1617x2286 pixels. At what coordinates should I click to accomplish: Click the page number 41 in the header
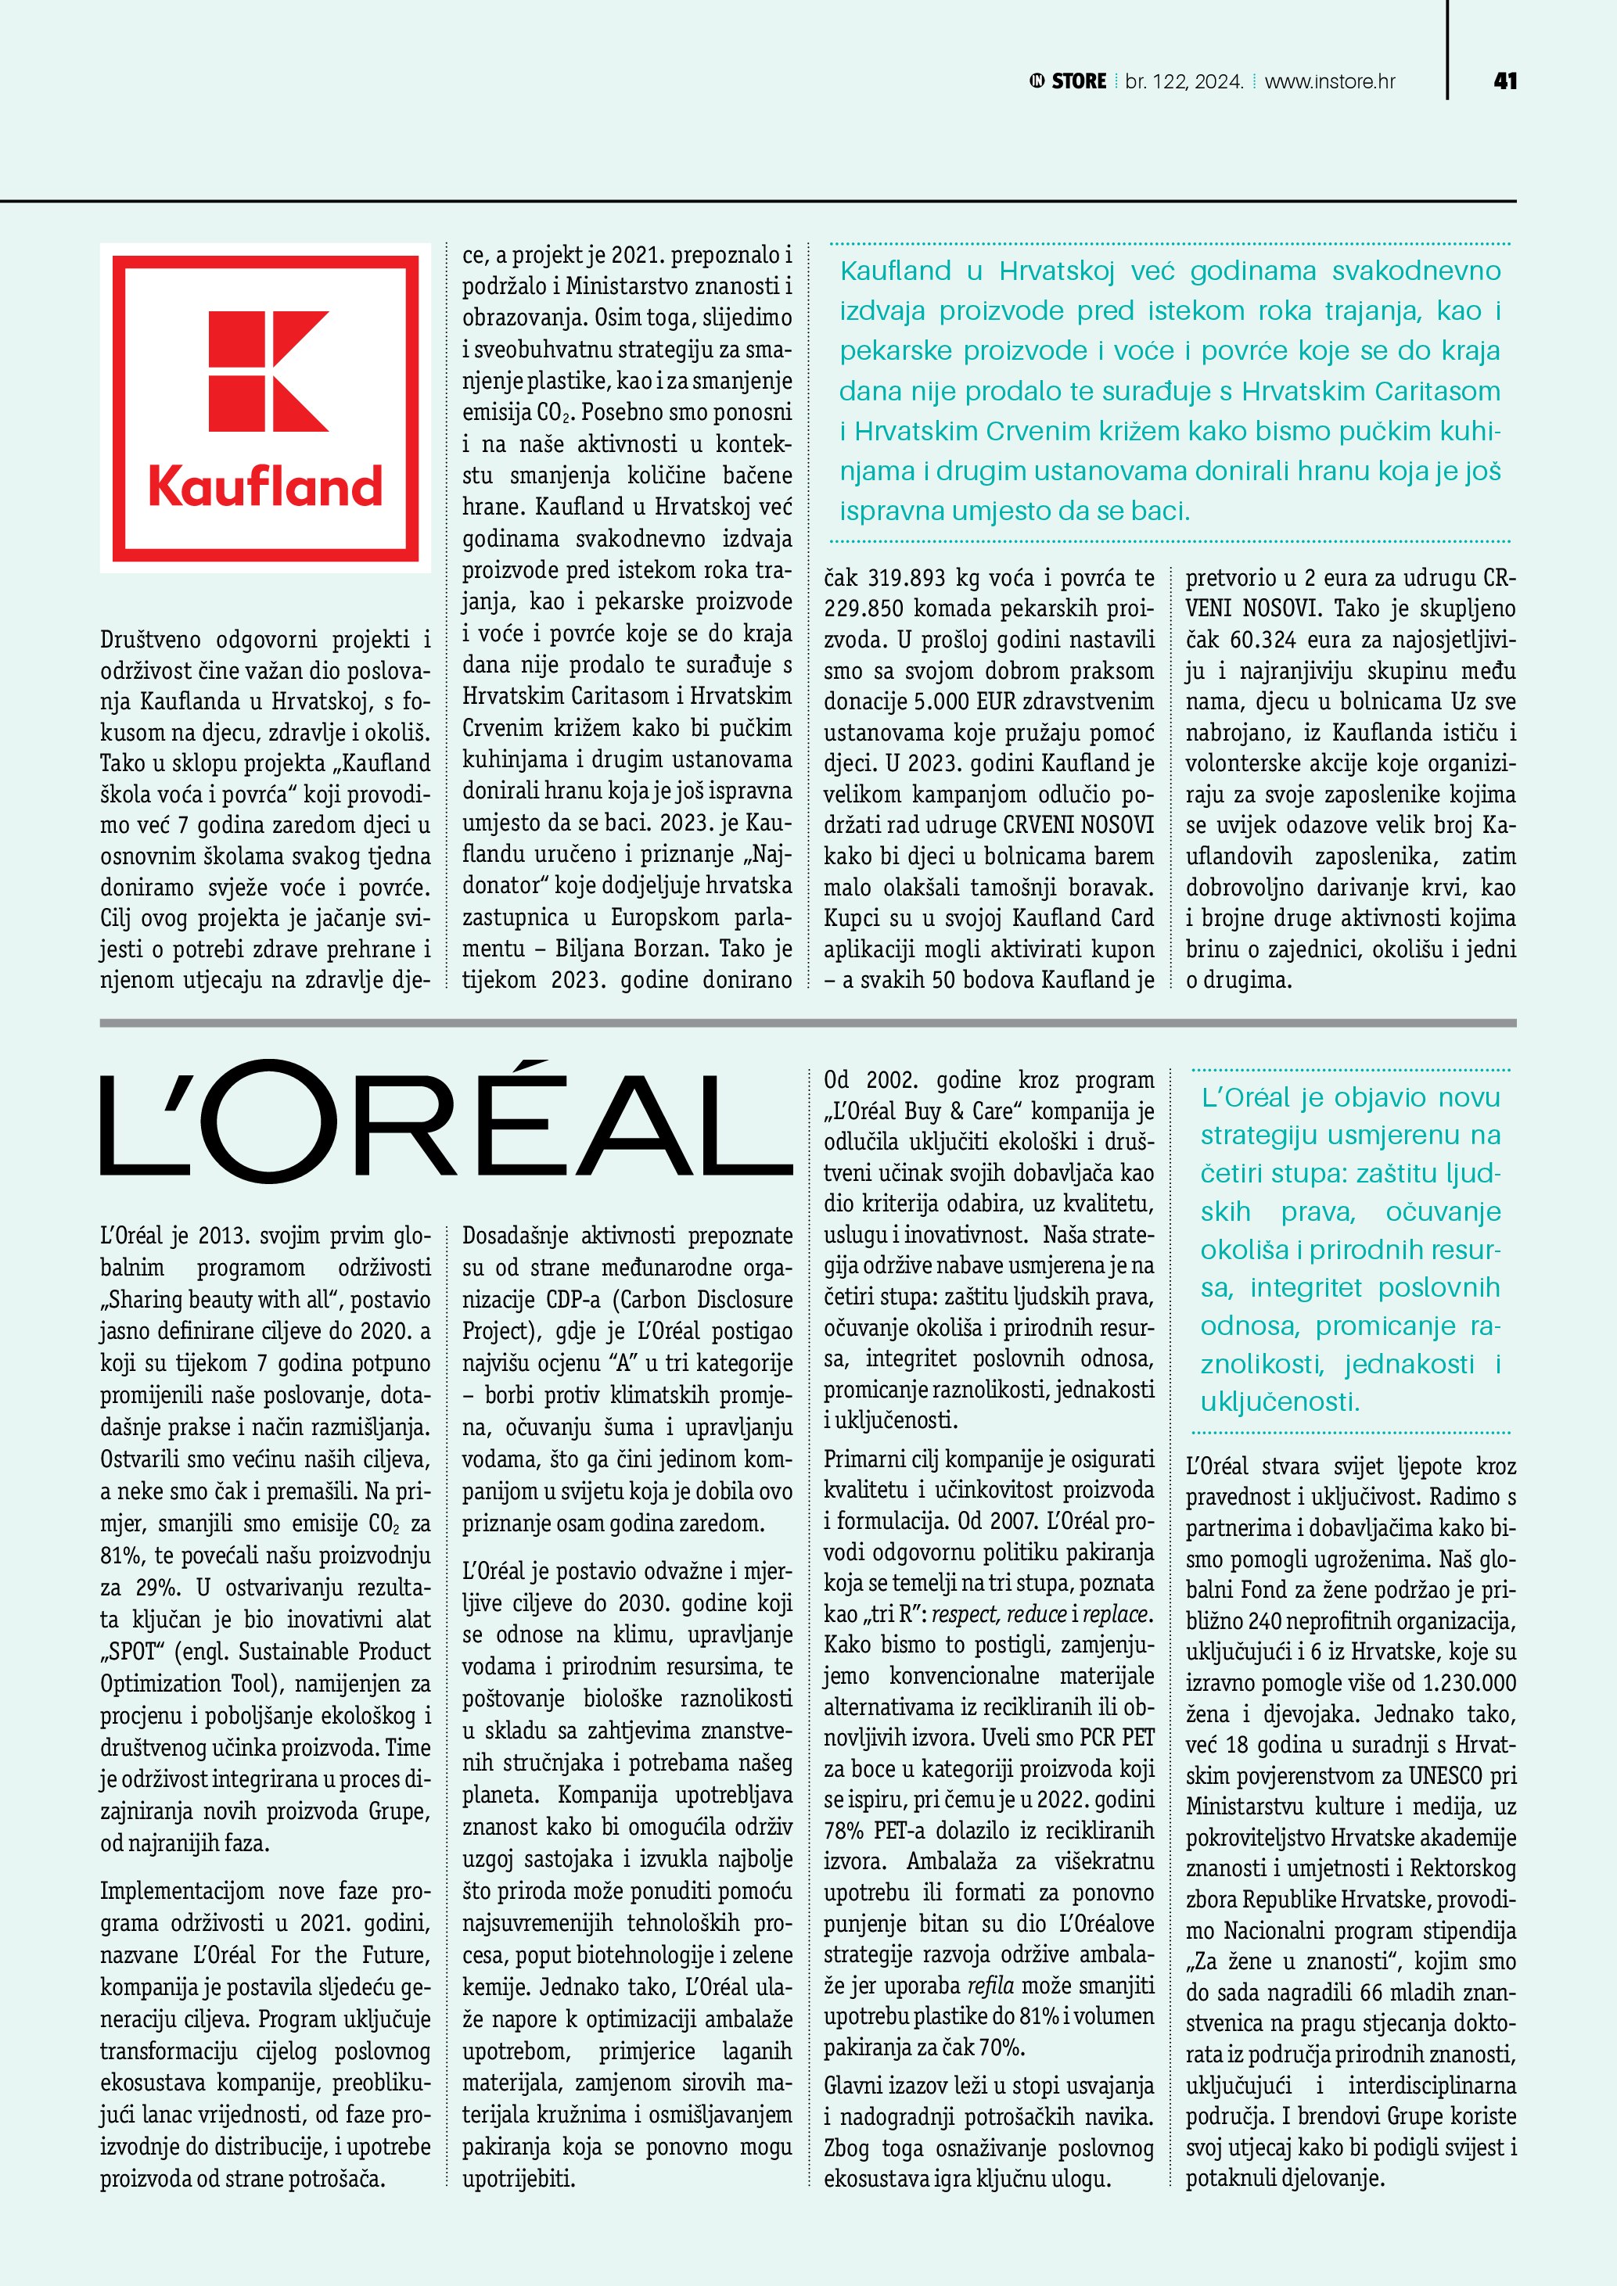1504,81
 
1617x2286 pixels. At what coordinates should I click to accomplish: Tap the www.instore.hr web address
1329,81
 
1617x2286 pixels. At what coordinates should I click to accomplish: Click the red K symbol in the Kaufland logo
267,371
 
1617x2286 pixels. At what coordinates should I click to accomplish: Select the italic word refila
990,1986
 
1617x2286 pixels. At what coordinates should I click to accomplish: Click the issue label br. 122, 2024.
1184,81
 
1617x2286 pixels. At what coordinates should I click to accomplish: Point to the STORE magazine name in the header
1078,81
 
